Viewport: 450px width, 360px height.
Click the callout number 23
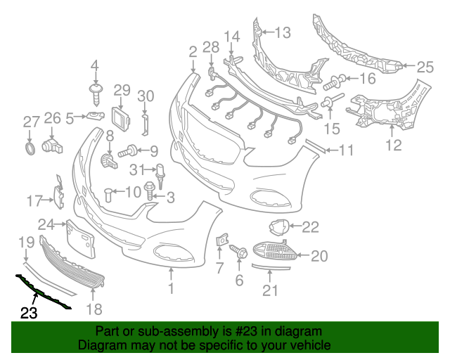(x=28, y=314)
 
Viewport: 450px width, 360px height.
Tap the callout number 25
(x=425, y=67)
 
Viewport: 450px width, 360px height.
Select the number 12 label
(x=393, y=146)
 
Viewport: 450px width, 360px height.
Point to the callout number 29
(x=122, y=90)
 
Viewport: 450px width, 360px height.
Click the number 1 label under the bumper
(x=170, y=288)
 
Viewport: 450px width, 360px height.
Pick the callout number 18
(x=94, y=309)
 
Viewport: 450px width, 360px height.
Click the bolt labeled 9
(x=129, y=150)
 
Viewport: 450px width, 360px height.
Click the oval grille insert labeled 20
(x=273, y=251)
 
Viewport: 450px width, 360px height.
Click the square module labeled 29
(x=121, y=117)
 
